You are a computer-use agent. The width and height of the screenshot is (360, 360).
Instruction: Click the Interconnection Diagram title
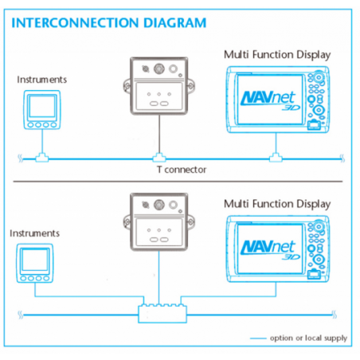[109, 23]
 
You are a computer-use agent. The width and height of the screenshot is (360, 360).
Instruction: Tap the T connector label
[182, 170]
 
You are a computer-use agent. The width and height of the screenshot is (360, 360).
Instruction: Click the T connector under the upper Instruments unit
[42, 158]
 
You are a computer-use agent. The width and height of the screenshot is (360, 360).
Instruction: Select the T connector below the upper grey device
[159, 158]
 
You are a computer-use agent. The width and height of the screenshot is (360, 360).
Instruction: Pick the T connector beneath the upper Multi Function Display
[276, 158]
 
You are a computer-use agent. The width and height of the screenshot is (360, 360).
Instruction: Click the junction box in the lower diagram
[162, 314]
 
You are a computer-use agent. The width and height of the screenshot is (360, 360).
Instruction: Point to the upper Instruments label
[42, 80]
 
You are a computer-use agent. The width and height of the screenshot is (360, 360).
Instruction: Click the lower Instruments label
[34, 233]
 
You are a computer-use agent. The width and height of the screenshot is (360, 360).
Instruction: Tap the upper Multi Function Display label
[277, 55]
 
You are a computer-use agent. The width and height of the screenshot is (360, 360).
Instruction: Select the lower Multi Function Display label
[277, 204]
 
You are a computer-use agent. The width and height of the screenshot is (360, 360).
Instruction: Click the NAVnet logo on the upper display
[270, 100]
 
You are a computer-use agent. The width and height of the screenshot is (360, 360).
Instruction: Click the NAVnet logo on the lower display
[270, 250]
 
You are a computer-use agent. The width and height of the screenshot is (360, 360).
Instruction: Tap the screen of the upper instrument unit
[42, 106]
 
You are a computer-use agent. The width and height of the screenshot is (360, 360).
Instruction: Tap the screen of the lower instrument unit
[35, 260]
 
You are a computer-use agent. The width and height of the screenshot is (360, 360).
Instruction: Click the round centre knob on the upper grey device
[159, 68]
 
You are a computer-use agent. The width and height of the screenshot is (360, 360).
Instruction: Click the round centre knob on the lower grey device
[159, 205]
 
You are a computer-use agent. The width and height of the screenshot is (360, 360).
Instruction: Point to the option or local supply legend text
[308, 338]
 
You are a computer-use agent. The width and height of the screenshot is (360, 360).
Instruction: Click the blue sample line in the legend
[258, 338]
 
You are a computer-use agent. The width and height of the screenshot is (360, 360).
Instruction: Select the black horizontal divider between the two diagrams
[178, 182]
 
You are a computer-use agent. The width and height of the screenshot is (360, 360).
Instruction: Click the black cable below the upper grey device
[159, 134]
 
